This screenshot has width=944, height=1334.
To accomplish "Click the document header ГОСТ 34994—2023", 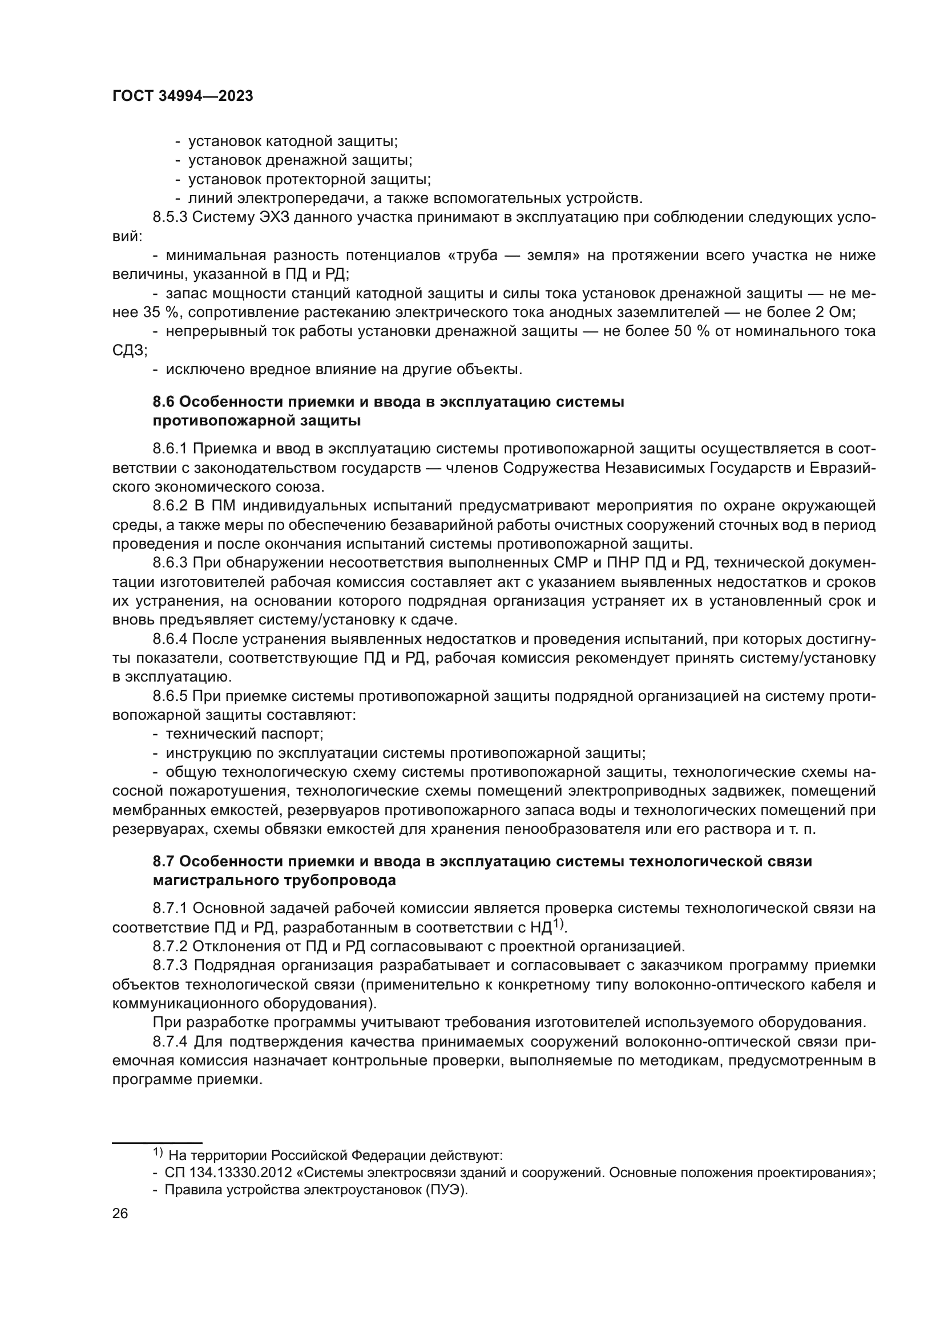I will click(183, 96).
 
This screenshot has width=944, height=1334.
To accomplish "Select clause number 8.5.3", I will click(170, 217).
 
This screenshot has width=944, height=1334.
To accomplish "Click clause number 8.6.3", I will click(170, 563).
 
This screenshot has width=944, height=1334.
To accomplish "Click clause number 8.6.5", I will click(170, 696).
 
